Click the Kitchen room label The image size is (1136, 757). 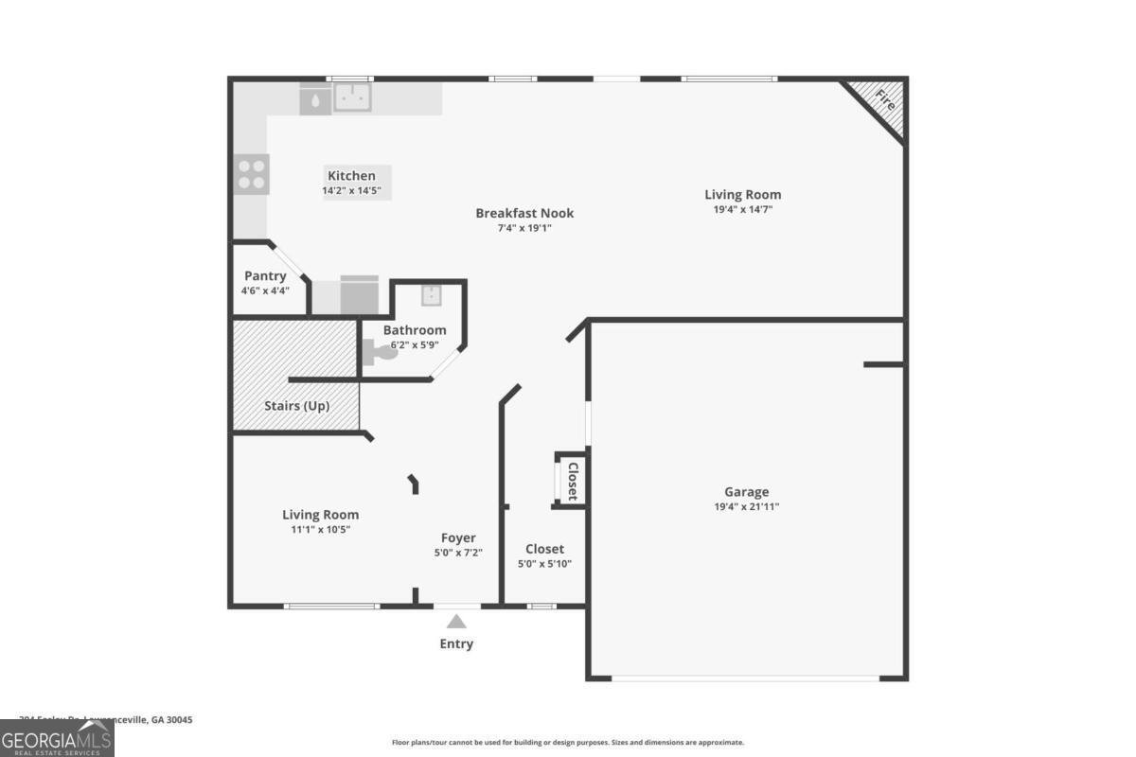[x=351, y=176]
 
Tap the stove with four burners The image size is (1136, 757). [x=252, y=174]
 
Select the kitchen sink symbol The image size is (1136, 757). [x=352, y=96]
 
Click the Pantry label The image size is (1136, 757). [x=265, y=276]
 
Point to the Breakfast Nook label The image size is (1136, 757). [x=524, y=213]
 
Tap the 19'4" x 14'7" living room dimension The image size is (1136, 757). [x=743, y=209]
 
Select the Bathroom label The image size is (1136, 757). [x=415, y=330]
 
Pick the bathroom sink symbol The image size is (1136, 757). [x=431, y=295]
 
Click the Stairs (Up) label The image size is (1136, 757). [x=296, y=406]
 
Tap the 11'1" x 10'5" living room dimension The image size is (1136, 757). [x=320, y=530]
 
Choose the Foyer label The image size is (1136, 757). [x=458, y=538]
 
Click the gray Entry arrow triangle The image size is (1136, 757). [x=456, y=622]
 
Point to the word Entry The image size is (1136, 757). [x=456, y=644]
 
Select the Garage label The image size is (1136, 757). [x=746, y=492]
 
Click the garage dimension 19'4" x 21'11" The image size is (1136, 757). [x=746, y=506]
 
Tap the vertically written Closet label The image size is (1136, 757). [x=572, y=481]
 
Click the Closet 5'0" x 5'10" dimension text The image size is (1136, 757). [x=544, y=564]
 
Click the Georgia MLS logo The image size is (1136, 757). [x=57, y=738]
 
